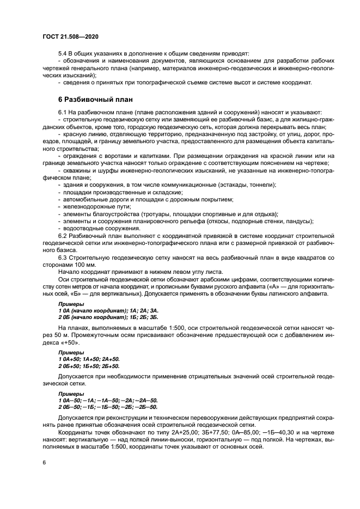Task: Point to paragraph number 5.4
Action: click(x=64, y=54)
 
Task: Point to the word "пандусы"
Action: click(x=299, y=221)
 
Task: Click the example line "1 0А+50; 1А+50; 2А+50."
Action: click(x=89, y=360)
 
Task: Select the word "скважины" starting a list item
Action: click(x=77, y=171)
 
